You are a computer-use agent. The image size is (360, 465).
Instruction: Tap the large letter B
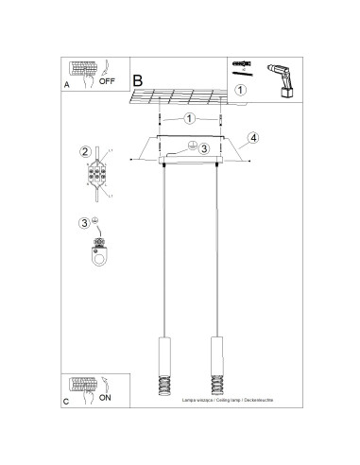point(140,82)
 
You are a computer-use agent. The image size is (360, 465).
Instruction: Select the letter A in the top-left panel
point(65,84)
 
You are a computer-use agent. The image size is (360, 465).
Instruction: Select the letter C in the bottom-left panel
point(65,401)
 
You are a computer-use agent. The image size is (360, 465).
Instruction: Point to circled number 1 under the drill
point(241,91)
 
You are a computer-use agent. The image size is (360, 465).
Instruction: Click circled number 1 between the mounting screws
point(190,119)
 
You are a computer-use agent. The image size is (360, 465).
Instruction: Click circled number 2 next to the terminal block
point(84,151)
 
